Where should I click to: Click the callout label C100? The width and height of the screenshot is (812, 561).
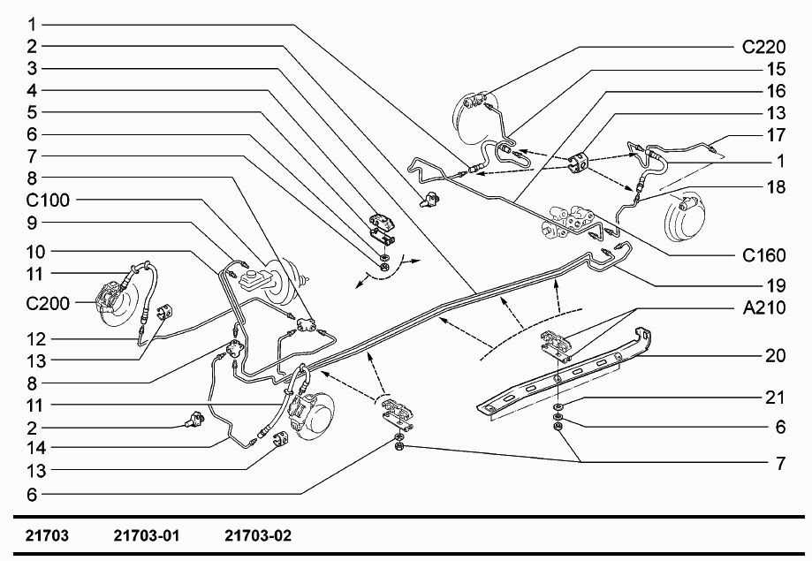[x=47, y=201]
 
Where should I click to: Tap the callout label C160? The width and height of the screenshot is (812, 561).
[x=763, y=256]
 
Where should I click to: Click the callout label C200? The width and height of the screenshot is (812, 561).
[x=47, y=302]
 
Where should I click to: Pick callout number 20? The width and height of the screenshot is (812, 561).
[x=775, y=357]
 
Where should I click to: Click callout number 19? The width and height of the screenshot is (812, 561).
[x=775, y=285]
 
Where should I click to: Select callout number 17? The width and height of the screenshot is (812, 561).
[x=775, y=136]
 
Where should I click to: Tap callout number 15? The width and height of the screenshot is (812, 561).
[x=775, y=69]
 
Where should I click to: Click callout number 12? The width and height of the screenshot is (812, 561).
[x=31, y=338]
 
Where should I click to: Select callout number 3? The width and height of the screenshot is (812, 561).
[x=31, y=68]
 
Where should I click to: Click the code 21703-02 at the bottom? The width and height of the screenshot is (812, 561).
[x=258, y=535]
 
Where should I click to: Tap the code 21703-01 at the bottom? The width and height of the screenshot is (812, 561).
[x=147, y=535]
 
